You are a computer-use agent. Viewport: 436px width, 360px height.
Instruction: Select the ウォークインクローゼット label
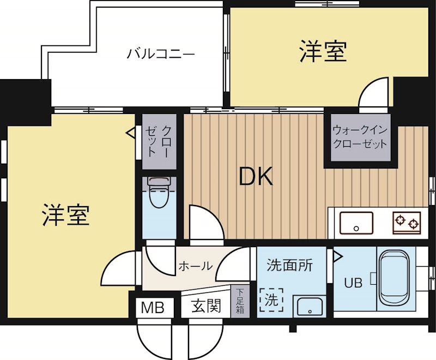coord(359,137)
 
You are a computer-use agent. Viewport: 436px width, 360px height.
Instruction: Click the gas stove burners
coord(407,222)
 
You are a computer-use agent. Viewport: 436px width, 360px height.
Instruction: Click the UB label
coord(353,284)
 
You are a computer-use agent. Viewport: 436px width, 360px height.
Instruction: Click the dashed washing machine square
coord(271,299)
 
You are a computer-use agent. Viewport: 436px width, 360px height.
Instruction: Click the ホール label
coord(195,267)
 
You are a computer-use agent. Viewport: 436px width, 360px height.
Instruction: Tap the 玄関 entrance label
coord(206,307)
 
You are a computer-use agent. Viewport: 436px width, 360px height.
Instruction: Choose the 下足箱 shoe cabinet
coord(239,301)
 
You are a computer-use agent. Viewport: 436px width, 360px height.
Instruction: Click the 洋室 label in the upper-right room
coord(323,52)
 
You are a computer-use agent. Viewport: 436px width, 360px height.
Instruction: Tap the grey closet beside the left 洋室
coord(160,141)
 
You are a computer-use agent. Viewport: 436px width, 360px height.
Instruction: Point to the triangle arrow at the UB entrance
coord(337,255)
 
